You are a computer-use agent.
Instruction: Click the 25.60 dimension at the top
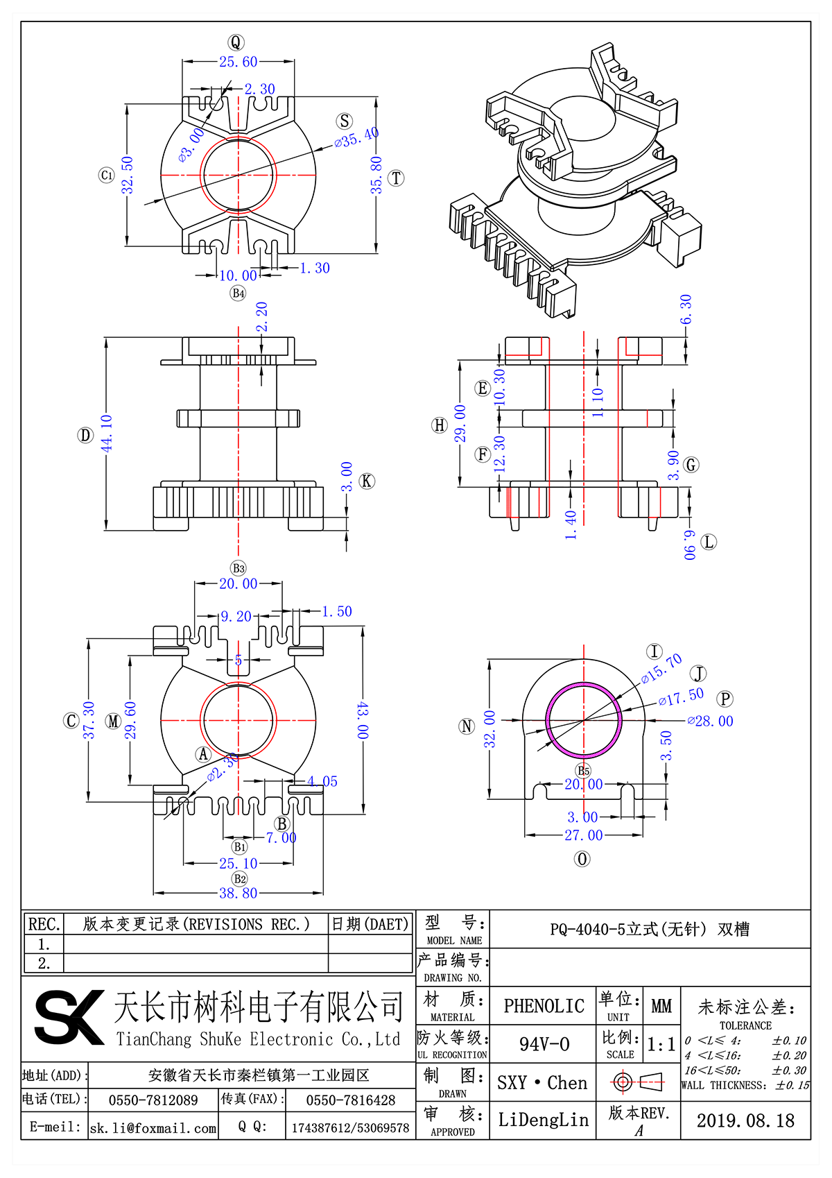pos(238,62)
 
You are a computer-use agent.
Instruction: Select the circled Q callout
pos(236,42)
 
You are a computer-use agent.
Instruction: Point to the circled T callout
pos(396,178)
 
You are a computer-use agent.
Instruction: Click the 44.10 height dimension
pos(107,434)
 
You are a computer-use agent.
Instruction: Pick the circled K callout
pos(367,481)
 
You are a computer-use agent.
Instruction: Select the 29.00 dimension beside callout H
pos(460,423)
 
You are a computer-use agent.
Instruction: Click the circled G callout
pos(691,465)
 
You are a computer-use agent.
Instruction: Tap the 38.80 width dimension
pos(238,893)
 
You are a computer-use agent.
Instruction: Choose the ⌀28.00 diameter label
pos(710,722)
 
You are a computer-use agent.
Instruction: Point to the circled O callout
pos(582,859)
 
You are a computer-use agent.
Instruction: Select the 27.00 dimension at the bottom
pos(583,835)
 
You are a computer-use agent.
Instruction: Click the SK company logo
pos(68,1017)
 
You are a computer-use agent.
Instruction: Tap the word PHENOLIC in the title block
pos(544,1006)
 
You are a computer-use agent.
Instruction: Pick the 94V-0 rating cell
pos(544,1044)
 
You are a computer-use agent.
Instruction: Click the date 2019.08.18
pos(745,1120)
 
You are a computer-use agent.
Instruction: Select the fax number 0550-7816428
pos(350,1100)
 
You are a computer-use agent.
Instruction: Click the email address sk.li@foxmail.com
pos(153,1128)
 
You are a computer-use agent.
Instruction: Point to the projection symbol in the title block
pos(638,1082)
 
